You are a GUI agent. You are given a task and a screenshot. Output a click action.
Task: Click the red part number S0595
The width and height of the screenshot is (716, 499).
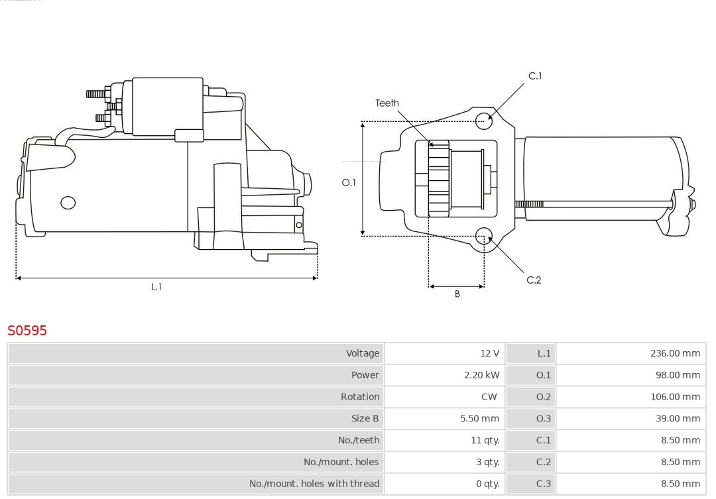pos(27,330)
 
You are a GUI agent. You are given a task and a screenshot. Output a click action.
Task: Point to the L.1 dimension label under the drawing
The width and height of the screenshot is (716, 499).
pos(156,287)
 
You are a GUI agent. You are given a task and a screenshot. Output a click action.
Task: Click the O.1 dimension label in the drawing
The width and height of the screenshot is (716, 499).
pos(349,182)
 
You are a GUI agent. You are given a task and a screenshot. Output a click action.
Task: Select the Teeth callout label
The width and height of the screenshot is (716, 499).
pos(387,103)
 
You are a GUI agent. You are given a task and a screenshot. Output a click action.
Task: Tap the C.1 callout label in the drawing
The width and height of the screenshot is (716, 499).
pos(534,76)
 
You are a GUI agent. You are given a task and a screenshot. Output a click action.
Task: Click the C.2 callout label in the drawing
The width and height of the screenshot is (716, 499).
pos(534,280)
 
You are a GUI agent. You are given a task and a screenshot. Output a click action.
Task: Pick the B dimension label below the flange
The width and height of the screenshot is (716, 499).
pos(457,294)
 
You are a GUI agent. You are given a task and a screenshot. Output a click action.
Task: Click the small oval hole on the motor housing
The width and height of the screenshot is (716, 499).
pos(68,203)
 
